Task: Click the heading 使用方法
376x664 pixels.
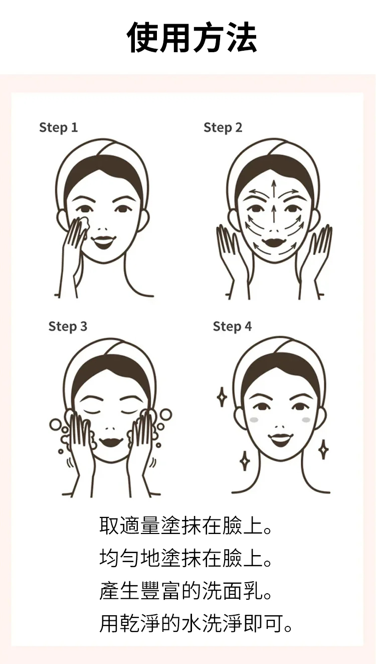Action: tap(192, 38)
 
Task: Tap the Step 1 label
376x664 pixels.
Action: tap(58, 127)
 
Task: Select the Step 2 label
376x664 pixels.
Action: tap(223, 127)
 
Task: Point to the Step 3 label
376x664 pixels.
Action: tap(68, 326)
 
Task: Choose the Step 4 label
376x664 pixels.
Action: tap(232, 326)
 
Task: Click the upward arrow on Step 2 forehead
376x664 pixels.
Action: tap(274, 189)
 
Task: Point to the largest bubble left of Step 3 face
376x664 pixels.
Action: tap(55, 425)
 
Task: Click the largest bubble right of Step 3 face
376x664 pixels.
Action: tap(165, 415)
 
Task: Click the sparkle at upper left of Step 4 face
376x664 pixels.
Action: tap(222, 396)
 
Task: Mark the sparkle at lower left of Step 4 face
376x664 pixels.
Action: tap(245, 461)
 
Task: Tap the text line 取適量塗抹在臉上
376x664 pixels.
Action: tap(185, 525)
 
